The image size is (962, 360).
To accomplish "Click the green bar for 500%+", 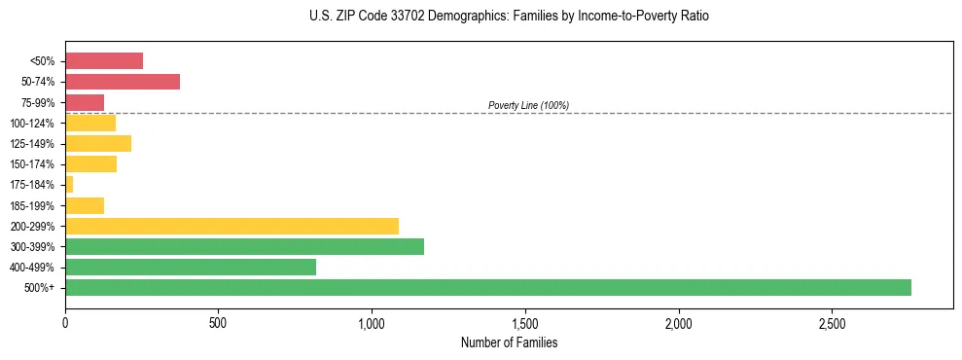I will click(x=487, y=287).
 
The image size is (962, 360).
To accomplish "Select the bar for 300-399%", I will click(x=244, y=246).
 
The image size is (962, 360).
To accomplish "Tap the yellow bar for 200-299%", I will click(x=232, y=226).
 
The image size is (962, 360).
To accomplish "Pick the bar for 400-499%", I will click(x=191, y=267).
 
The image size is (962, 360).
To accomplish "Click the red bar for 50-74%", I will click(x=123, y=82).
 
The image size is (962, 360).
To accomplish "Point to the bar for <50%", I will click(x=104, y=61).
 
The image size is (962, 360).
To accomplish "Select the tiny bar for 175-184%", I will click(x=69, y=184).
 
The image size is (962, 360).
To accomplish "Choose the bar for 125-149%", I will click(x=98, y=143).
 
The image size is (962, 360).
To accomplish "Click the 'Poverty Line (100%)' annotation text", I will click(x=528, y=105).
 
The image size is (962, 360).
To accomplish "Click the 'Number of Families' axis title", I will click(x=509, y=342).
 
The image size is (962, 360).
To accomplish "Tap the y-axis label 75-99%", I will click(x=38, y=102).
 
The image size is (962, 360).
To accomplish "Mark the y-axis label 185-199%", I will click(x=34, y=205).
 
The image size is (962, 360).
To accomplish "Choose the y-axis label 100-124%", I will click(x=34, y=123).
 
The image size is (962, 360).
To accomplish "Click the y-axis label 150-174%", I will click(x=34, y=164).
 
